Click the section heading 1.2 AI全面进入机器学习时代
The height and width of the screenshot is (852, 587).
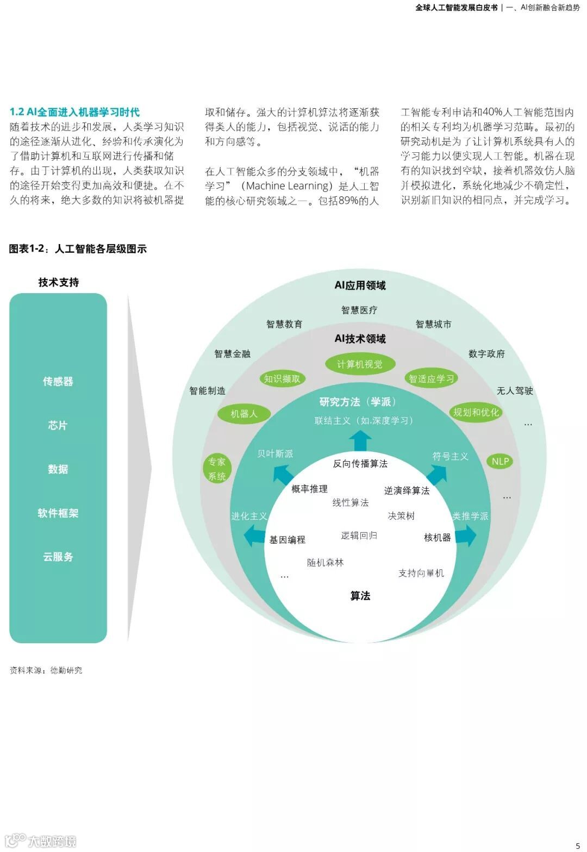click(74, 112)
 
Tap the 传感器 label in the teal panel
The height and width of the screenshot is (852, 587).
click(58, 381)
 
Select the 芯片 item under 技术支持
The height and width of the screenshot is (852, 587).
click(58, 425)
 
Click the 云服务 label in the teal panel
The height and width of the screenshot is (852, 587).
click(58, 557)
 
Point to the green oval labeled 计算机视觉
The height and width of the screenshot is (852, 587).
click(360, 364)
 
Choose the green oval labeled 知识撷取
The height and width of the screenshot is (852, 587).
click(282, 378)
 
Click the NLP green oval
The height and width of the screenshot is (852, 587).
click(500, 461)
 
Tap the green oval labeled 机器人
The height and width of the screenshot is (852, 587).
click(243, 414)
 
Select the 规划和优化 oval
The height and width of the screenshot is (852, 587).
click(476, 412)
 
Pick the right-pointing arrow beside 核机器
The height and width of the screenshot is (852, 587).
click(466, 536)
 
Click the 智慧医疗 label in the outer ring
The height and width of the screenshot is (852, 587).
click(359, 310)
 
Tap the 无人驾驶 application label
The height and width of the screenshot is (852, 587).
click(515, 390)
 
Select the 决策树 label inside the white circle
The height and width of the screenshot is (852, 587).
click(401, 515)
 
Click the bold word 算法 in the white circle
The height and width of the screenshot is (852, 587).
click(360, 596)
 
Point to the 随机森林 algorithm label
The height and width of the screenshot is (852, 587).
click(325, 562)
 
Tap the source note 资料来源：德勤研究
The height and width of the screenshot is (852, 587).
click(46, 670)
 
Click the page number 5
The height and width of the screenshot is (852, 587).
click(578, 845)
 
